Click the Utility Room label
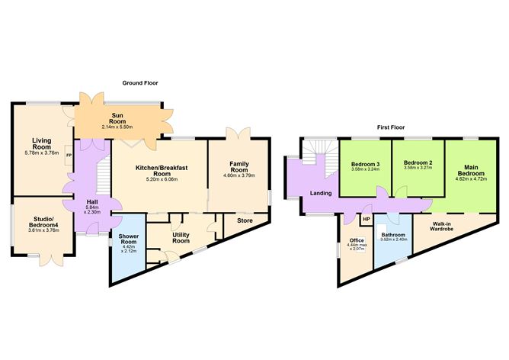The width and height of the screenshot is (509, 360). click(x=181, y=237)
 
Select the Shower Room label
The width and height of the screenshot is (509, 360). click(x=127, y=240)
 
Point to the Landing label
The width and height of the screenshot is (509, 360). click(x=321, y=194)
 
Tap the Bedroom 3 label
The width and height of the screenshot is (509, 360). click(x=366, y=164)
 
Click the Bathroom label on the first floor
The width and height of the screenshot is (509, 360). click(x=393, y=234)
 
